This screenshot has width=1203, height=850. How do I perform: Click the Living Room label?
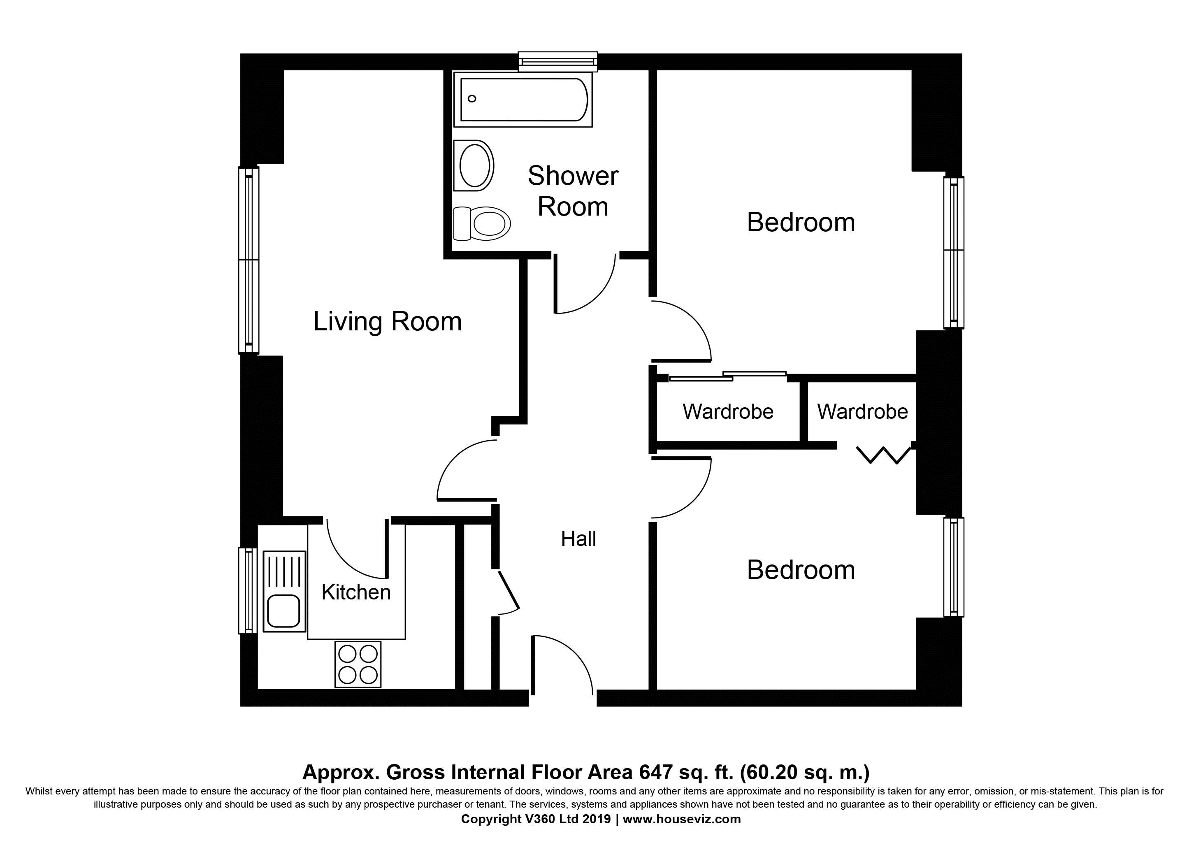387,321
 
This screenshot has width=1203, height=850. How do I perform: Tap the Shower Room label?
573,191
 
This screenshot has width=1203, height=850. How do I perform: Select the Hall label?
578,539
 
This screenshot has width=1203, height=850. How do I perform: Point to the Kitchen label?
356,592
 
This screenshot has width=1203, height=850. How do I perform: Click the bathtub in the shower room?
523,100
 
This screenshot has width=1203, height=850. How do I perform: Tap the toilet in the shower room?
482,223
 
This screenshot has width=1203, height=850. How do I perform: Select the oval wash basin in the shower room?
474,166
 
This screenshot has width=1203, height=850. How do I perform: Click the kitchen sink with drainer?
284,591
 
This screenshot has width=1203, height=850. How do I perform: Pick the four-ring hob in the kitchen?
358,664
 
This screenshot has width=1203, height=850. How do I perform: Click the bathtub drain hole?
471,98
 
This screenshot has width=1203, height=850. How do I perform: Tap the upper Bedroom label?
801,222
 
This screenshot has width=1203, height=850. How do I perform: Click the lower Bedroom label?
801,570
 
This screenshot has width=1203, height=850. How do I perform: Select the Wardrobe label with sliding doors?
728,412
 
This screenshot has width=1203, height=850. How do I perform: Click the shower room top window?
557,61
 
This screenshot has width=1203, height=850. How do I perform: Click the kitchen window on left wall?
247,591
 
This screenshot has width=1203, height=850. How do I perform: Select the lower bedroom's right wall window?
954,567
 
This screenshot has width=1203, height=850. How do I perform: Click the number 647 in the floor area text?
655,772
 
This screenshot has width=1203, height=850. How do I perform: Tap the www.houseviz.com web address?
681,819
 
